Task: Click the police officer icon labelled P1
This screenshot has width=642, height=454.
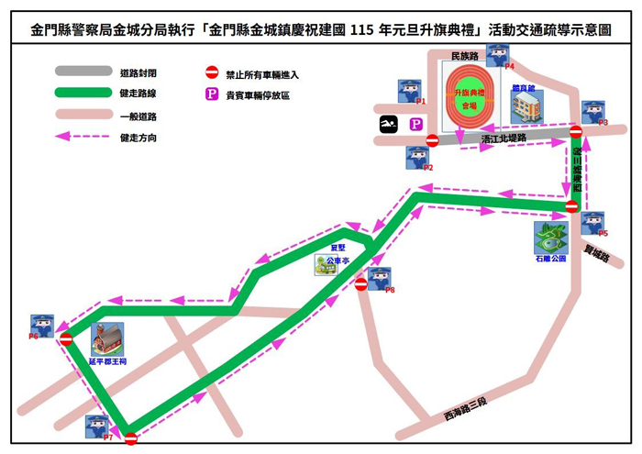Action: (x=408, y=90)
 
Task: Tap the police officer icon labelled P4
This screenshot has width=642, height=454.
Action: (x=497, y=54)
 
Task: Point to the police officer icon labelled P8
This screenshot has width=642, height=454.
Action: (x=379, y=278)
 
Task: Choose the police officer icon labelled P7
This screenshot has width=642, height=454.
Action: (x=96, y=426)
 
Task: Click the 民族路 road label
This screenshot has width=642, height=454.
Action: (x=467, y=58)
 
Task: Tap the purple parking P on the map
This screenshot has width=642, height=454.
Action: (x=415, y=124)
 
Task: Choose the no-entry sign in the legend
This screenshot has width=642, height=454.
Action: (x=211, y=72)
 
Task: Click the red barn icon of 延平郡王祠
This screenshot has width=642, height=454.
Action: (x=107, y=338)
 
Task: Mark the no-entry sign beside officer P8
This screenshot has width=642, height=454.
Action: (x=360, y=284)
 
